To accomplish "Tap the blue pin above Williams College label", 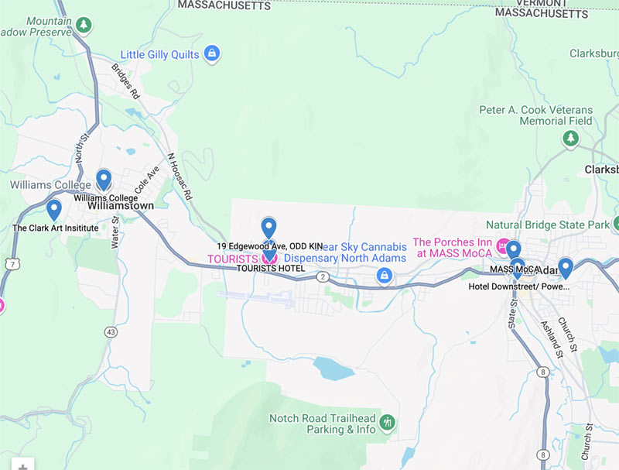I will [104, 180].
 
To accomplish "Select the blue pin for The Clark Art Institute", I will [54, 209].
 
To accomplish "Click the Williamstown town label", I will [121, 207].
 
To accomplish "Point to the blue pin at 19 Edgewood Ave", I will [268, 228].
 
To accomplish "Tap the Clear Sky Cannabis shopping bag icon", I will [383, 275].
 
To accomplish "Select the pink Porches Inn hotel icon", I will [504, 247].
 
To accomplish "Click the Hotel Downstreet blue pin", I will [566, 268].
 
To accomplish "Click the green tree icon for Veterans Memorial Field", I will [570, 139].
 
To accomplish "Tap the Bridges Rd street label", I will [125, 81].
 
